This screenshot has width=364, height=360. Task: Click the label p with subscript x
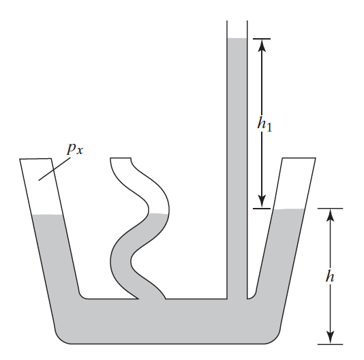(x=75, y=149)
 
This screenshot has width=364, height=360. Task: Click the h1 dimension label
(x=264, y=123)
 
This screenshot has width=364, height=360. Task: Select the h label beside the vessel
(x=330, y=276)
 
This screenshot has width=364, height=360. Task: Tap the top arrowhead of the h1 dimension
(x=262, y=45)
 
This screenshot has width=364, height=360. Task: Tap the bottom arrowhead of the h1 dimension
(x=262, y=202)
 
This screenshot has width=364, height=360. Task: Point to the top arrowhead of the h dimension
(x=330, y=215)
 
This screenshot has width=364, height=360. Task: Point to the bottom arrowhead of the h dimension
(x=330, y=337)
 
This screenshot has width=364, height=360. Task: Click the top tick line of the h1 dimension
(x=262, y=39)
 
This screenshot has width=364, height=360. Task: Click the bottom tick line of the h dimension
(x=330, y=344)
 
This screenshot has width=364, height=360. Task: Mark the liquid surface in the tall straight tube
(x=237, y=38)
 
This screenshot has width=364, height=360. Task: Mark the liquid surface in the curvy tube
(x=159, y=213)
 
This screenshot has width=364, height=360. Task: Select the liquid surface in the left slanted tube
(x=48, y=215)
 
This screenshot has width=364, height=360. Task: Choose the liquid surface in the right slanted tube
(x=289, y=209)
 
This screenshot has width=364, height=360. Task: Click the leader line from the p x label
(x=55, y=169)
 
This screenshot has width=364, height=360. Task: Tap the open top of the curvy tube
(x=121, y=158)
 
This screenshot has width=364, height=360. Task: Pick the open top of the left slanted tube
(x=35, y=159)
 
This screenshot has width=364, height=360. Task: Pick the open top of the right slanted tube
(x=299, y=158)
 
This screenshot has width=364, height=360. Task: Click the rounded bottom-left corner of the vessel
(x=61, y=337)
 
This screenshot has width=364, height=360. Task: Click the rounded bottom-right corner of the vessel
(x=275, y=337)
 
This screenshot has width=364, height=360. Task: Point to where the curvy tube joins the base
(x=152, y=299)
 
